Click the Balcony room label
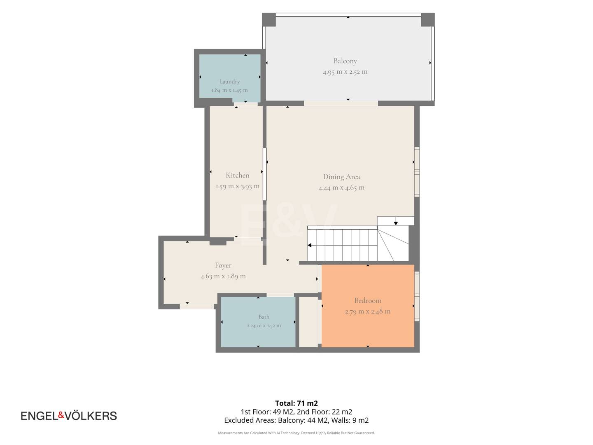click(345, 61)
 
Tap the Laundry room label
click(229, 81)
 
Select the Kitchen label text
click(238, 176)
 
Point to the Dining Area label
click(341, 177)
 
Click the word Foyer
click(223, 266)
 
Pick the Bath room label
click(264, 317)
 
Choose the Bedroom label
click(368, 300)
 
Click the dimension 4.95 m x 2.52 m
click(345, 72)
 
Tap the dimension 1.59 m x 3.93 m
click(238, 186)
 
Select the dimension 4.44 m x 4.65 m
click(341, 187)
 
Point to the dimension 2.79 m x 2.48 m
click(368, 311)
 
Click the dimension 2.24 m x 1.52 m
click(264, 326)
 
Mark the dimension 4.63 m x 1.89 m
click(223, 276)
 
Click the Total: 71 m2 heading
click(296, 403)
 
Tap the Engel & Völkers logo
click(69, 416)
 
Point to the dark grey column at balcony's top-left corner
click(269, 20)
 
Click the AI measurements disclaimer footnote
click(296, 433)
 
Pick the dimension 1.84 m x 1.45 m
click(229, 90)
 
